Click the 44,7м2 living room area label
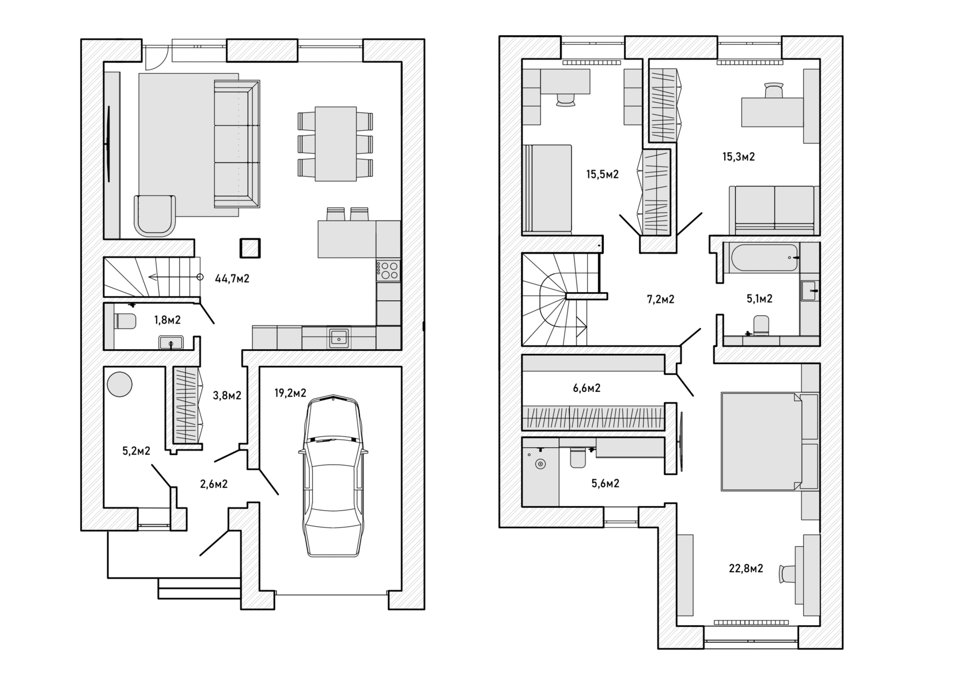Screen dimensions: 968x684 pos(232,279)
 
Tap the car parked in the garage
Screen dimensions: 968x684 pos(333,475)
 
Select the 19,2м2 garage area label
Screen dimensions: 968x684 pos(290,394)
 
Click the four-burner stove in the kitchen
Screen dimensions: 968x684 pos(388,270)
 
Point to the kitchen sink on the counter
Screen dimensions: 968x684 pos(339,338)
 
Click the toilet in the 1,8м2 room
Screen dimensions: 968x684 pos(125,320)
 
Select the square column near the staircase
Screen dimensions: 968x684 pos(250,248)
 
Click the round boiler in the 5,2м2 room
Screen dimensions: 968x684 pos(120,384)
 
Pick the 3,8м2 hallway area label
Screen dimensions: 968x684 pos(226,396)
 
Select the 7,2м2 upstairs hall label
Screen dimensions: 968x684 pos(660,300)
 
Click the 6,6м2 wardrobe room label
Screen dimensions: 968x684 pos(587,388)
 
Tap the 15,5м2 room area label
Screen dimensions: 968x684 pos(603,174)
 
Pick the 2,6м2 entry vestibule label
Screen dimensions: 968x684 pos(213,484)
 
